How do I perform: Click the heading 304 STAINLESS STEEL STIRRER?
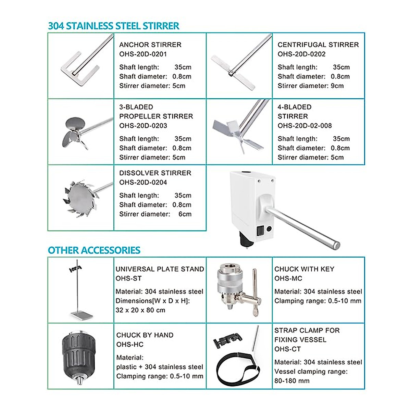click(113, 26)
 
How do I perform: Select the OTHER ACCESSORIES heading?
click(94, 250)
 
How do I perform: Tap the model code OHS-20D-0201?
click(143, 54)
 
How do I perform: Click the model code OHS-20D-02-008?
click(304, 126)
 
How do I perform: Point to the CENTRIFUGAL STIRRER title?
click(318, 45)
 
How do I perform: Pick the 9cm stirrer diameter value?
click(337, 86)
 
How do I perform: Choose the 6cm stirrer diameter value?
click(185, 214)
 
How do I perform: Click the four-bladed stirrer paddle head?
click(236, 134)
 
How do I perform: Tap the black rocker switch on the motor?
click(260, 231)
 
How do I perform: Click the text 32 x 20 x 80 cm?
click(140, 310)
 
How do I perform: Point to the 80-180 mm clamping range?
click(292, 381)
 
